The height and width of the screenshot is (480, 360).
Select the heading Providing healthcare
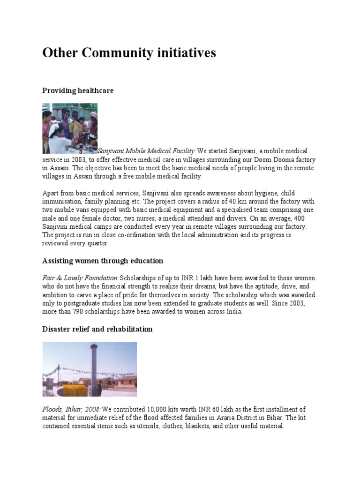click(78, 90)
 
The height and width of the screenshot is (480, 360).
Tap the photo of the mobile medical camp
click(70, 128)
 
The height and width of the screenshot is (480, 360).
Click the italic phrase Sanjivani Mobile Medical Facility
click(146, 151)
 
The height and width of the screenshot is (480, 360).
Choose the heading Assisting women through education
click(103, 261)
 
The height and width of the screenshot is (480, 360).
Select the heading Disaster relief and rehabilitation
click(97, 329)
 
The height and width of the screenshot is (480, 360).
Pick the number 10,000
click(159, 409)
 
